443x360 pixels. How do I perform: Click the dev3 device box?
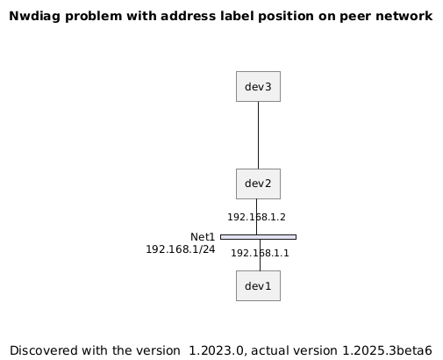pos(258,86)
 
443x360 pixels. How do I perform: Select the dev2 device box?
pos(258,184)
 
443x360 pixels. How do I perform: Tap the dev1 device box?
pos(258,285)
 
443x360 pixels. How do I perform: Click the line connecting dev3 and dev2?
pos(258,135)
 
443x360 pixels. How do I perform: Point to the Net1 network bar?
pos(258,237)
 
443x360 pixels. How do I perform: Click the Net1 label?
pos(203,237)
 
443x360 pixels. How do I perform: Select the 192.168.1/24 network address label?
pos(181,249)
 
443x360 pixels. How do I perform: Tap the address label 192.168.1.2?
pos(256,217)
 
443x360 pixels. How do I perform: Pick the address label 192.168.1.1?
pos(260,253)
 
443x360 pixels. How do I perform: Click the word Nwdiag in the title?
pos(35,17)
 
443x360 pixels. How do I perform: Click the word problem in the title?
pos(93,17)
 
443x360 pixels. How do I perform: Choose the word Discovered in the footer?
pos(44,350)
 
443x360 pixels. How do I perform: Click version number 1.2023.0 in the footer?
pos(216,350)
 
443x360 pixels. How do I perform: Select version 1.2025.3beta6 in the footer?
pos(387,350)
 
